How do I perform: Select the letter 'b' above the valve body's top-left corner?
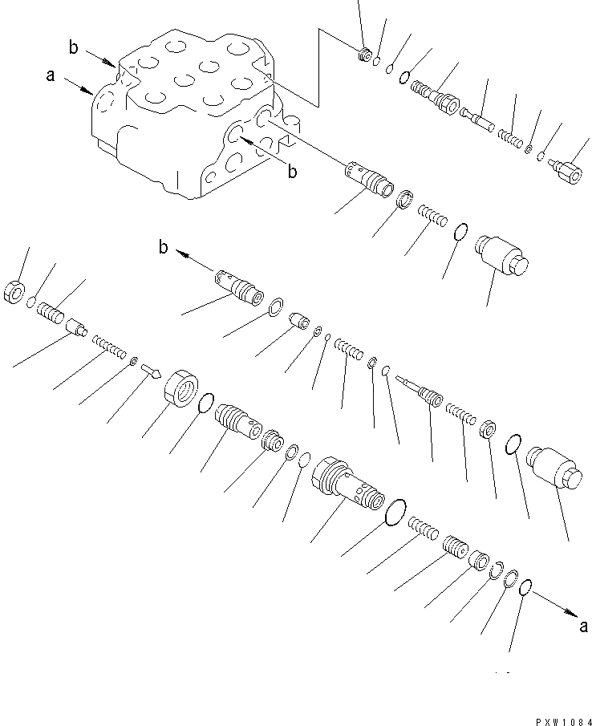pos(73,48)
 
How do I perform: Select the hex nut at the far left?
pos(15,292)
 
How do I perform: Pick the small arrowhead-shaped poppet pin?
pos(152,370)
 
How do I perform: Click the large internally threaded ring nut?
pos(180,391)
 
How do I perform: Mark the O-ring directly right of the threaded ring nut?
pos(205,403)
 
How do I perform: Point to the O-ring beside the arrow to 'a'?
pos(525,587)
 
